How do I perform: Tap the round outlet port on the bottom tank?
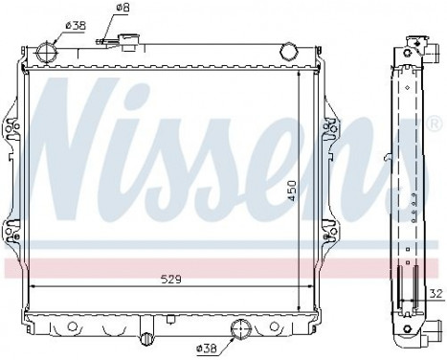click(239, 331)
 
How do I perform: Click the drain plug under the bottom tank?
click(146, 339)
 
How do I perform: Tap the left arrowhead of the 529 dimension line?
click(35, 286)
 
